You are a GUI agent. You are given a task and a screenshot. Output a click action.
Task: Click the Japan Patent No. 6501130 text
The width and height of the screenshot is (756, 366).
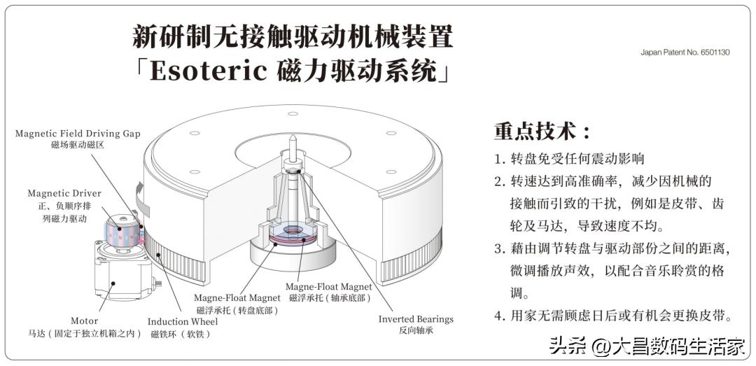click(685, 52)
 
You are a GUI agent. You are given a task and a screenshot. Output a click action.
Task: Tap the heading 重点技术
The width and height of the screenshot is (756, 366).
click(542, 131)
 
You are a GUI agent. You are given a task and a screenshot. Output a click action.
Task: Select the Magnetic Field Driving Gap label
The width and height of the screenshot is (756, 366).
click(78, 133)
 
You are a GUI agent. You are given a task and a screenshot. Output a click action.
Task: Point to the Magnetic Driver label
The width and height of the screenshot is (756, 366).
click(64, 193)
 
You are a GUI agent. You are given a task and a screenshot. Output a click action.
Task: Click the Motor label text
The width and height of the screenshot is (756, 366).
click(85, 321)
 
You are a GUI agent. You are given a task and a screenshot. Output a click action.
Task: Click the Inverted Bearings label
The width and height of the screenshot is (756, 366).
click(416, 319)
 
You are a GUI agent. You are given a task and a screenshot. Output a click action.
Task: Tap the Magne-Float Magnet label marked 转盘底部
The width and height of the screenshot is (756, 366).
click(237, 298)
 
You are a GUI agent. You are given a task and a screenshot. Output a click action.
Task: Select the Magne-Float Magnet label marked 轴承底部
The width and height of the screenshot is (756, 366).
click(328, 287)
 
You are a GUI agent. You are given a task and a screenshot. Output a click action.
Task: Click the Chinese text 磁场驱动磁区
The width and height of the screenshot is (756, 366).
click(78, 145)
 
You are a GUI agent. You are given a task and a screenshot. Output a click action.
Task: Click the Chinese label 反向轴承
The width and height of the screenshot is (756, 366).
click(416, 331)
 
